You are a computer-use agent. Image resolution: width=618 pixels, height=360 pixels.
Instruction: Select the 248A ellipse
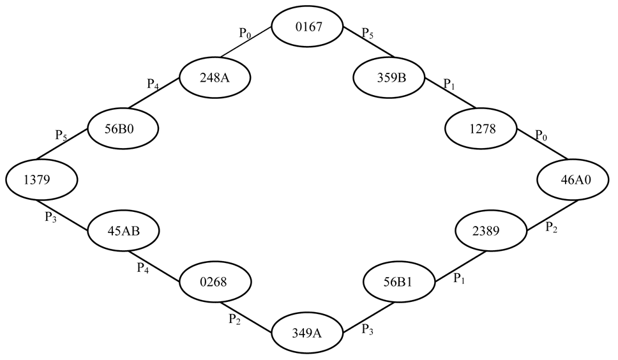point(215,78)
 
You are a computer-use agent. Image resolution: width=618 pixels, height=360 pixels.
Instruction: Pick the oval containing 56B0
point(123,128)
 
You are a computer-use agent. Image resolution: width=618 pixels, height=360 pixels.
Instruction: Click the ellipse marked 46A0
point(573,179)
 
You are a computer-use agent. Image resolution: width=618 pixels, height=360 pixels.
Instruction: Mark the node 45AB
point(123,230)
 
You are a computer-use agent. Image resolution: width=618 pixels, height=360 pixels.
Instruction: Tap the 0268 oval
point(215,281)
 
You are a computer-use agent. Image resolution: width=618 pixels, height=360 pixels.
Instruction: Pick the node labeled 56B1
point(398,281)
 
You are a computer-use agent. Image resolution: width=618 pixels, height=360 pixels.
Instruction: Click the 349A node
point(307,332)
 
